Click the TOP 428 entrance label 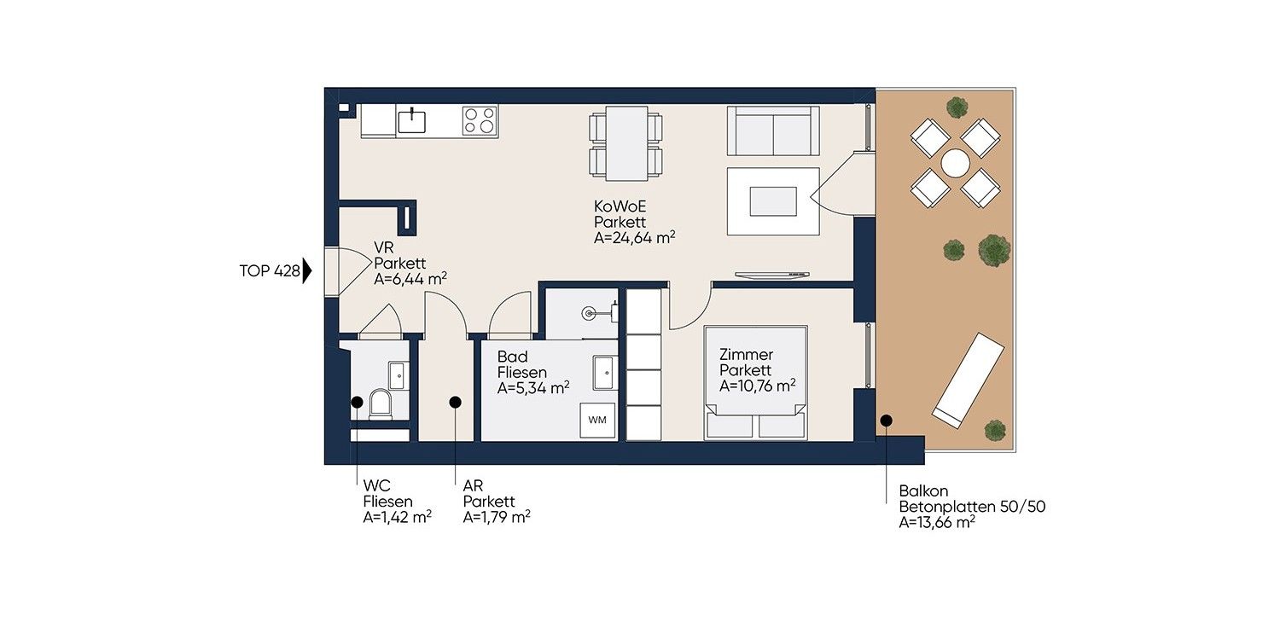click(270, 270)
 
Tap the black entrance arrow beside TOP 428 click(307, 270)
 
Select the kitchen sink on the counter click(411, 120)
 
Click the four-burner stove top click(480, 121)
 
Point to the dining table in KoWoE click(626, 143)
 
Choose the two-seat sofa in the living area click(773, 131)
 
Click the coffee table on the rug click(773, 201)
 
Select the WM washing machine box click(597, 421)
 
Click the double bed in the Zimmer click(755, 383)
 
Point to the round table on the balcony click(956, 163)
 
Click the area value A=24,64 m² click(634, 238)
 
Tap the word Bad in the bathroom click(512, 357)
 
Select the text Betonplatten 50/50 click(972, 507)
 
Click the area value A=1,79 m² click(496, 517)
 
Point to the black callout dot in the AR click(455, 403)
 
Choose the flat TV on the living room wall click(772, 275)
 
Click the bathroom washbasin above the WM click(604, 373)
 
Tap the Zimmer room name click(746, 355)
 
